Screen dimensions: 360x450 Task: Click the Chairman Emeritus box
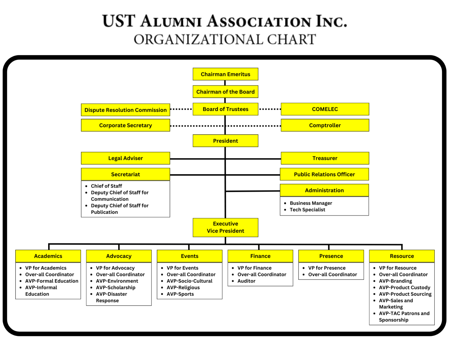(225, 74)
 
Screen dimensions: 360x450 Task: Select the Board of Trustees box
(225, 109)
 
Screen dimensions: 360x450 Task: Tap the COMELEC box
(325, 109)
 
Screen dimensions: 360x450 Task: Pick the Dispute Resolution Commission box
(125, 110)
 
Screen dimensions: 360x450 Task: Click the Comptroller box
(325, 125)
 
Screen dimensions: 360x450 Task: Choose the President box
(225, 141)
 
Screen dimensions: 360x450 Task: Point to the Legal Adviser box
(125, 158)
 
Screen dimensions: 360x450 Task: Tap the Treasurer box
(325, 158)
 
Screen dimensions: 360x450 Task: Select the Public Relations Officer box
(324, 174)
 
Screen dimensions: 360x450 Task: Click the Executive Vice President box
(225, 227)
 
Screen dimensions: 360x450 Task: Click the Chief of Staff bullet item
(106, 186)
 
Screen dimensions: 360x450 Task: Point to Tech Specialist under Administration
(307, 210)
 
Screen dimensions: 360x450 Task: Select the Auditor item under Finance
(246, 281)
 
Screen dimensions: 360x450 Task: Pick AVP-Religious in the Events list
(183, 287)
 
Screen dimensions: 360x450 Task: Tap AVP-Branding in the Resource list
(395, 281)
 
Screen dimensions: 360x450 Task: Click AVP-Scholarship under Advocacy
(116, 287)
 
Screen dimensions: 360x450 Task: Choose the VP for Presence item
(327, 268)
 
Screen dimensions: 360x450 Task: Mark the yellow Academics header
(48, 256)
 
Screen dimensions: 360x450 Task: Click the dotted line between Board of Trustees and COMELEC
(270, 109)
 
